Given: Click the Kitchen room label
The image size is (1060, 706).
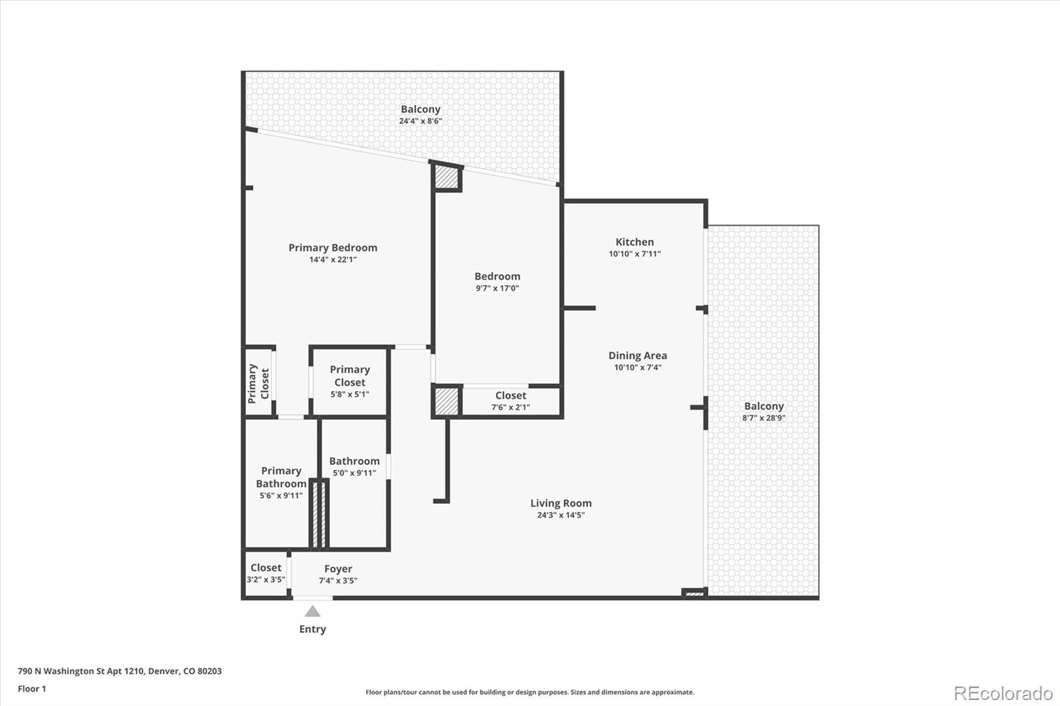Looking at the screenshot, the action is click(x=635, y=242).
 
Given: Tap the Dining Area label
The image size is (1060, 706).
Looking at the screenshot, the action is click(x=637, y=356).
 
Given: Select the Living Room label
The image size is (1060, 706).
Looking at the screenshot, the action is click(x=560, y=503).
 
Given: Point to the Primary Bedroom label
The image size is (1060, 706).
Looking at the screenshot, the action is click(x=333, y=248).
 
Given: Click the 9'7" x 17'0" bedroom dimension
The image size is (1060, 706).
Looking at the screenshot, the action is click(x=498, y=288).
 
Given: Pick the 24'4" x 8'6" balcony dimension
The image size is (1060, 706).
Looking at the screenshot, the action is click(x=420, y=121).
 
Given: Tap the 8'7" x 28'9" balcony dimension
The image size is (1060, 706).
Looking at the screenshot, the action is click(x=764, y=418).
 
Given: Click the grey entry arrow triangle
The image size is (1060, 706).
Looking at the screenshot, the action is click(x=312, y=611).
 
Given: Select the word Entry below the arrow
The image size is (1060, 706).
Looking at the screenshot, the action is click(x=312, y=629).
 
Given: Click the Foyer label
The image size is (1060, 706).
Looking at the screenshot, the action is click(x=338, y=569).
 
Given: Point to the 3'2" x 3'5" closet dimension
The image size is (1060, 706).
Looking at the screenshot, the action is click(x=266, y=580).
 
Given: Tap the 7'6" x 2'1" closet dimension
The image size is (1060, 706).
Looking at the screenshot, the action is click(x=511, y=407).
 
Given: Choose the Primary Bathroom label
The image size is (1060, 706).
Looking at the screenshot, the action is click(x=281, y=477).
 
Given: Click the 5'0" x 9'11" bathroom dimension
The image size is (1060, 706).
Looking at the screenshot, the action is click(x=354, y=473).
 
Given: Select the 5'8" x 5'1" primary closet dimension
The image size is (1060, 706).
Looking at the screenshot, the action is click(x=350, y=394).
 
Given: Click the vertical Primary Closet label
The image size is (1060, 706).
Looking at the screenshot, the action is click(x=258, y=383).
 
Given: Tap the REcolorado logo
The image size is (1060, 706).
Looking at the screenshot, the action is click(x=1003, y=693).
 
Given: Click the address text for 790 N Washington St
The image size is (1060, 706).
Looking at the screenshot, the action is click(x=120, y=671).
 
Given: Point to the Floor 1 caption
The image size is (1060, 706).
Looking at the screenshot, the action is click(x=32, y=689).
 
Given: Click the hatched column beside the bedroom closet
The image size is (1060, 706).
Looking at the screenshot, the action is click(x=447, y=402).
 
